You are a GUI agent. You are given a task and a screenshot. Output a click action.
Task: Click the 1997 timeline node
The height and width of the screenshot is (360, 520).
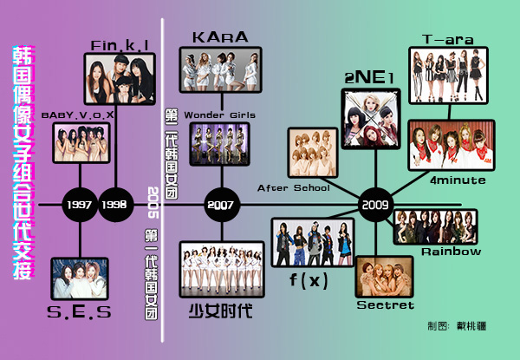[x=81, y=206]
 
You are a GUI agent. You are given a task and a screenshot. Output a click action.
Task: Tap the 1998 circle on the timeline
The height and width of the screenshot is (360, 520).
[x=114, y=206]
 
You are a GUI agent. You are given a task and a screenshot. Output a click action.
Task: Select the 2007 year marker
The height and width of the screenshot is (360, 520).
[x=220, y=206]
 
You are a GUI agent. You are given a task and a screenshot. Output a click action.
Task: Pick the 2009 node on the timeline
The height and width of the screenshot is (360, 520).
[x=376, y=206]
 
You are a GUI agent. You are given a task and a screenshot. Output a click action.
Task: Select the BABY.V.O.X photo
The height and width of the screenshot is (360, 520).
[x=81, y=142]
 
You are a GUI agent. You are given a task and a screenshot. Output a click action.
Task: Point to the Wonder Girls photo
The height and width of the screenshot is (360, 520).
[x=219, y=144]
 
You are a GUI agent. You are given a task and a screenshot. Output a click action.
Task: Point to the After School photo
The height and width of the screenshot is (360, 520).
[x=313, y=154]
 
